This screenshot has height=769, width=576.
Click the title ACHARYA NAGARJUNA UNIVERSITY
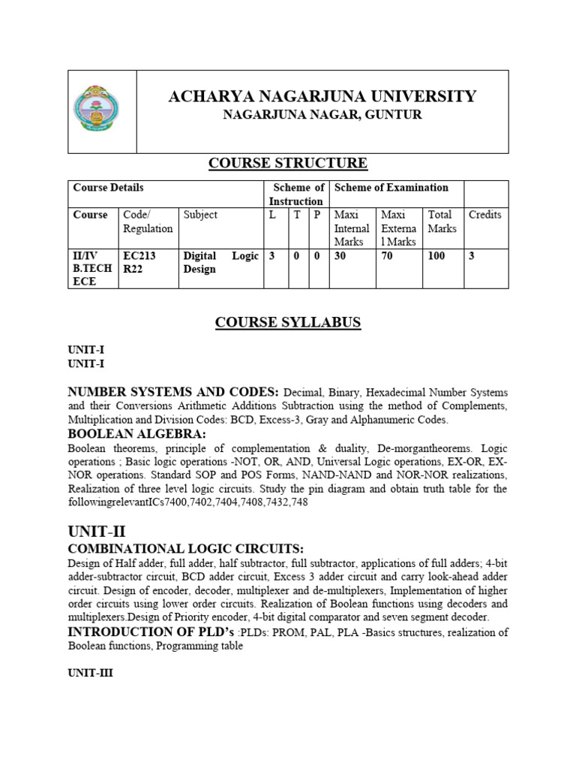[322, 96]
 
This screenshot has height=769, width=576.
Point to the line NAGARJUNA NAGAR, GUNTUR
[322, 115]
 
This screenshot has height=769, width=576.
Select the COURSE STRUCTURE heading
[287, 163]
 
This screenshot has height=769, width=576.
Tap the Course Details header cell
[108, 188]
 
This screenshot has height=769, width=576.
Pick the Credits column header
[484, 215]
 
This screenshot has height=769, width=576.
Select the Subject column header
[200, 215]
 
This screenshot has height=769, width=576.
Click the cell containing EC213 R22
[138, 262]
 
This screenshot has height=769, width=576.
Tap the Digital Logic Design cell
[220, 262]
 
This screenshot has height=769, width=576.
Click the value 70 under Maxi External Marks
[389, 256]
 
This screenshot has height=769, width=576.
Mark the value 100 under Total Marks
[436, 256]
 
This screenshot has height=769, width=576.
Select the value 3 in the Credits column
[472, 256]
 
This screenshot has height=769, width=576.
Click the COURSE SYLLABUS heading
[288, 323]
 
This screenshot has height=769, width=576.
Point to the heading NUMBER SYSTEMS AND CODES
[173, 391]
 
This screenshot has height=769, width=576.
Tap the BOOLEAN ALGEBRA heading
[136, 433]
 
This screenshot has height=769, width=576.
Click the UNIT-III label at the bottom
[90, 674]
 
